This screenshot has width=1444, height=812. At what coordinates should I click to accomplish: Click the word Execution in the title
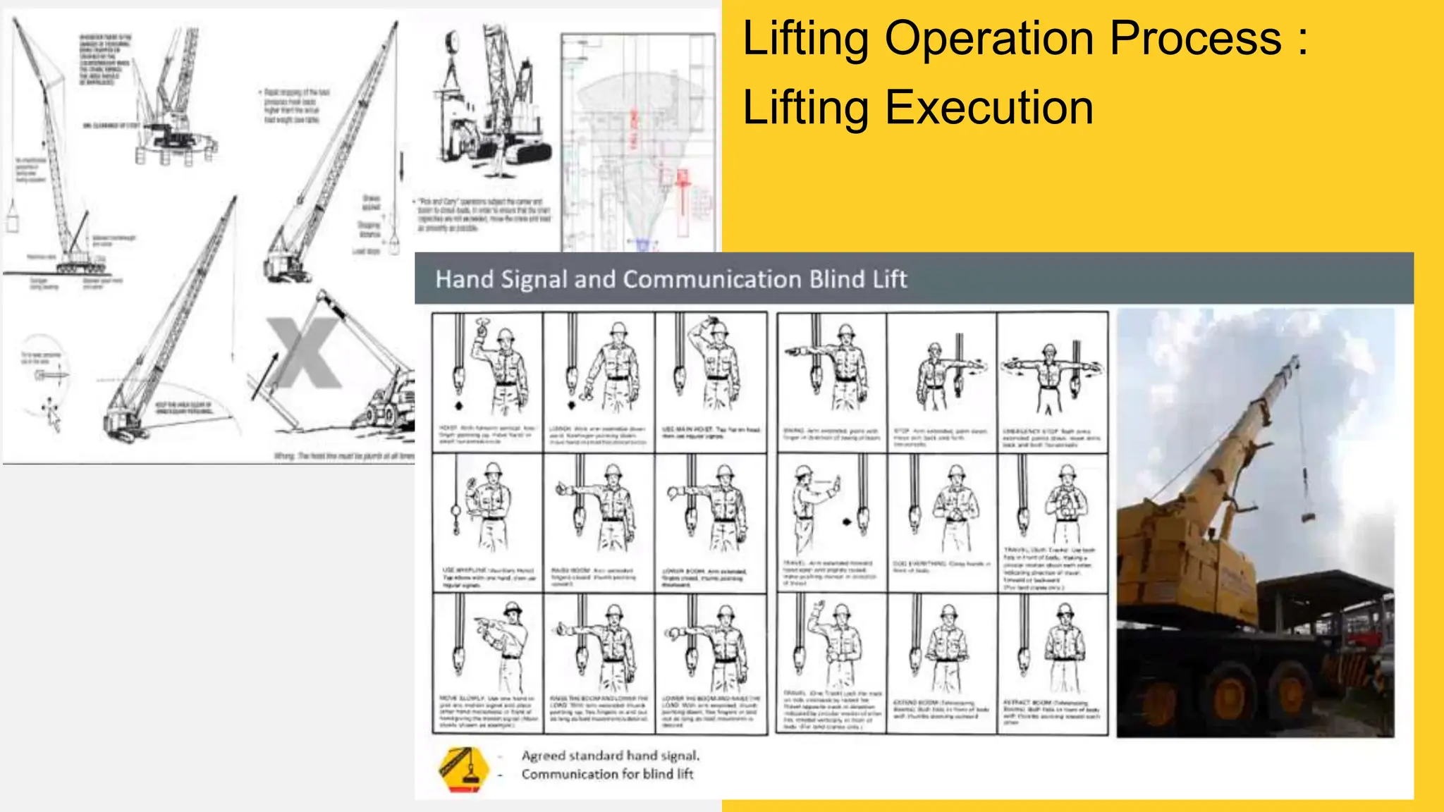coord(987,108)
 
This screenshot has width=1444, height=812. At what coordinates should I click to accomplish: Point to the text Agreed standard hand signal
coord(610,756)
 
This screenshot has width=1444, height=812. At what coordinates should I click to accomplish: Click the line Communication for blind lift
coord(607,774)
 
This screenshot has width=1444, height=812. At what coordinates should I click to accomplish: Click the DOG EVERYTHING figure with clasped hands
coord(955,508)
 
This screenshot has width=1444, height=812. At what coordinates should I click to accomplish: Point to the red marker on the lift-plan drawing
coord(682,179)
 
